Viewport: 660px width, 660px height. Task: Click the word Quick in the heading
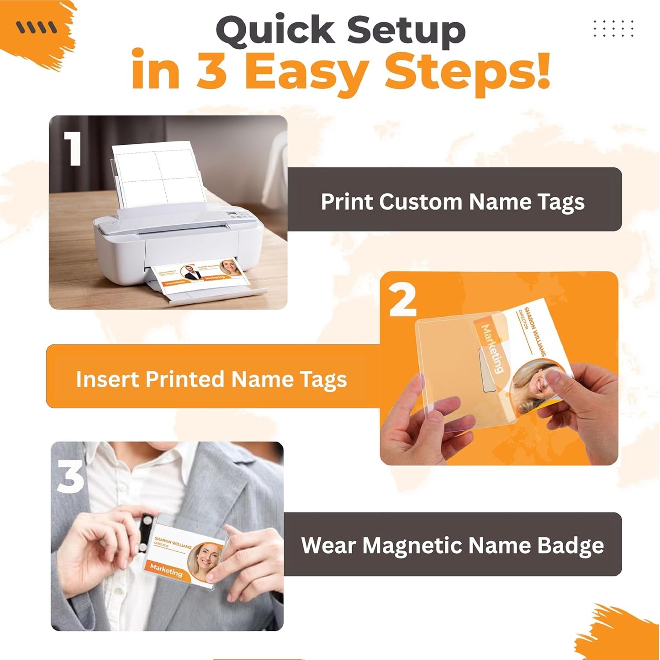coord(276,31)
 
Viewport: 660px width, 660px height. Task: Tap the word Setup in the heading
coord(406,31)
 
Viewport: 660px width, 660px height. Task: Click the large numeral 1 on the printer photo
coord(73,149)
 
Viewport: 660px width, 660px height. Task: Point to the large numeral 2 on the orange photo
coord(402,300)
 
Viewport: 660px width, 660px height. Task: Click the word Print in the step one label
coord(346,201)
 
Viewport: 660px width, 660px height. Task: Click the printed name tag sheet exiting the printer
coord(201,274)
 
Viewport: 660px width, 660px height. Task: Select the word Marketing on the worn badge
coord(166,570)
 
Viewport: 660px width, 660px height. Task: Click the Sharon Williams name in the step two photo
coord(535,331)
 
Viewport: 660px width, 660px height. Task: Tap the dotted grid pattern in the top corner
coord(613,28)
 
